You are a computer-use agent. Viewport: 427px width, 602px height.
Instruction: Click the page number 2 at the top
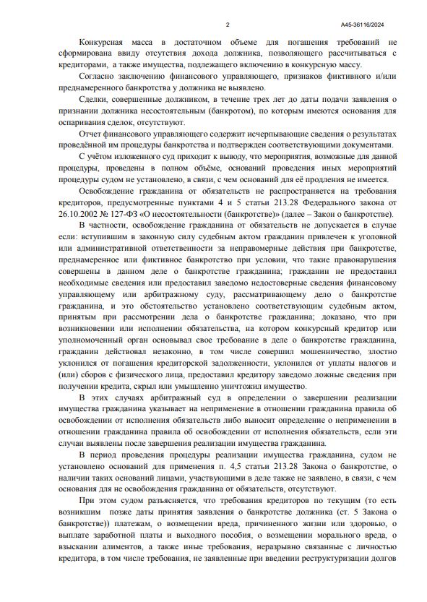(228, 24)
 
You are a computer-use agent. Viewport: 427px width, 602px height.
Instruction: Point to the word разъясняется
(163, 499)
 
